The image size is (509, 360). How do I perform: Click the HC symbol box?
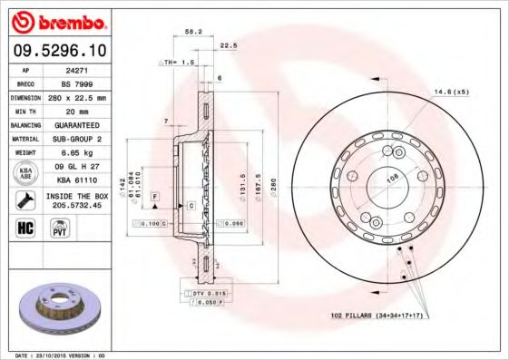click(x=24, y=228)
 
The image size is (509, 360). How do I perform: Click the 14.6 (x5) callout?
click(x=452, y=92)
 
